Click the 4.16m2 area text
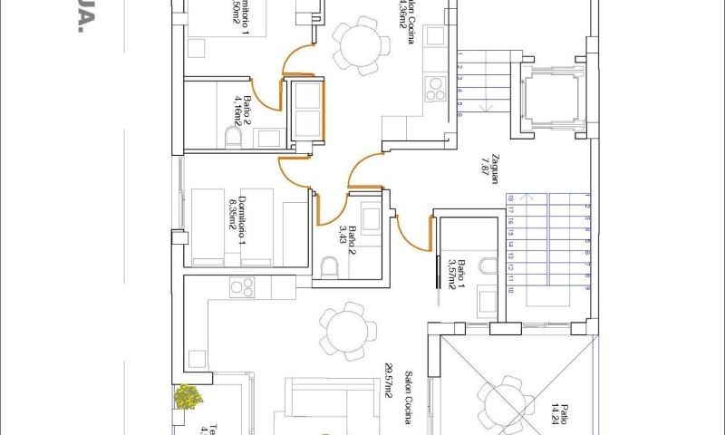(237, 110)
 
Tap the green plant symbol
(188, 397)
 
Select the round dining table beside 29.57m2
(347, 331)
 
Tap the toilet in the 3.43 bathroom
(329, 266)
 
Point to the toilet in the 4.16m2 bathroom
(233, 139)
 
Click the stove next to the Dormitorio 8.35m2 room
(241, 287)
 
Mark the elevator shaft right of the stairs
(549, 101)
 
